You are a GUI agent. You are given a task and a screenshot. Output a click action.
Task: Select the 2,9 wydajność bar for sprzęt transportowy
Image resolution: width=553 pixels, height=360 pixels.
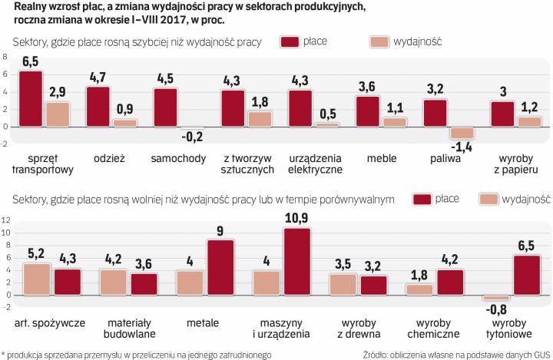pos(57,114)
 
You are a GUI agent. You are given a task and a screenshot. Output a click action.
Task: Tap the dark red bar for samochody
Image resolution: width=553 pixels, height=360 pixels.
pos(165,107)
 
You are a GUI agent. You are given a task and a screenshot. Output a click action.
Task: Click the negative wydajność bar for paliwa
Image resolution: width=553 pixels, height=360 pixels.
pos(462,131)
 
